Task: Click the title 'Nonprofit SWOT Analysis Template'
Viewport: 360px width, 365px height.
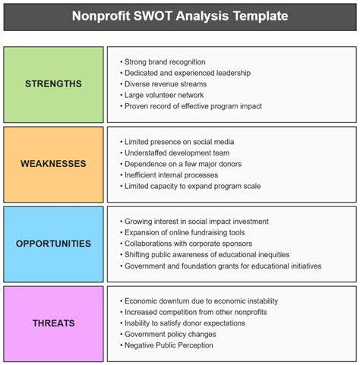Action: [x=179, y=15]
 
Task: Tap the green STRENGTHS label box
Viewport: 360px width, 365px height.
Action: [x=53, y=84]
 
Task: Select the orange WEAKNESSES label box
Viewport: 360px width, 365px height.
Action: [x=53, y=164]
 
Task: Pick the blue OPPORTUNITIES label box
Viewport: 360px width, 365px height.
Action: [x=53, y=244]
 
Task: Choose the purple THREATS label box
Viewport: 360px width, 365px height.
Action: [x=53, y=323]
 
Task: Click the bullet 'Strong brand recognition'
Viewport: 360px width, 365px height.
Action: [x=166, y=62]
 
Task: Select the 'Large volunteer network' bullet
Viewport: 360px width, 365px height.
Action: [x=164, y=95]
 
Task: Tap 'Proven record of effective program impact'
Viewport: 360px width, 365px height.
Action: [x=194, y=106]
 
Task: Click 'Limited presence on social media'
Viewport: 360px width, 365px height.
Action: [x=180, y=142]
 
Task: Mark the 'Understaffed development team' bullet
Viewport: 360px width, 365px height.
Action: [x=177, y=153]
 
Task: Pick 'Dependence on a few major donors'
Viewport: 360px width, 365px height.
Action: [x=182, y=164]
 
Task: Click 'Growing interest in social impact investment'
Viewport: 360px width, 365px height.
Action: [x=199, y=222]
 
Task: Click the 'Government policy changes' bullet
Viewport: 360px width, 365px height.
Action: [x=169, y=334]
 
